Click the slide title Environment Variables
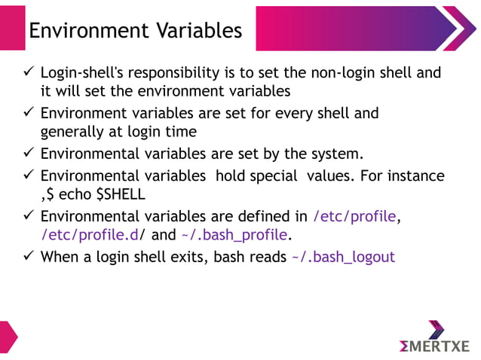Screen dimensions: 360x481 (135, 30)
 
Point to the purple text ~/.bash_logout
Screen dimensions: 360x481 (342, 256)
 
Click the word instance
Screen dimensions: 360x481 (415, 175)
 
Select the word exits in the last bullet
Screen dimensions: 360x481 (184, 256)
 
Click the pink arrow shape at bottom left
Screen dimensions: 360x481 (7, 337)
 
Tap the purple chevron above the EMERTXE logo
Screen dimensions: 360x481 (436, 329)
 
